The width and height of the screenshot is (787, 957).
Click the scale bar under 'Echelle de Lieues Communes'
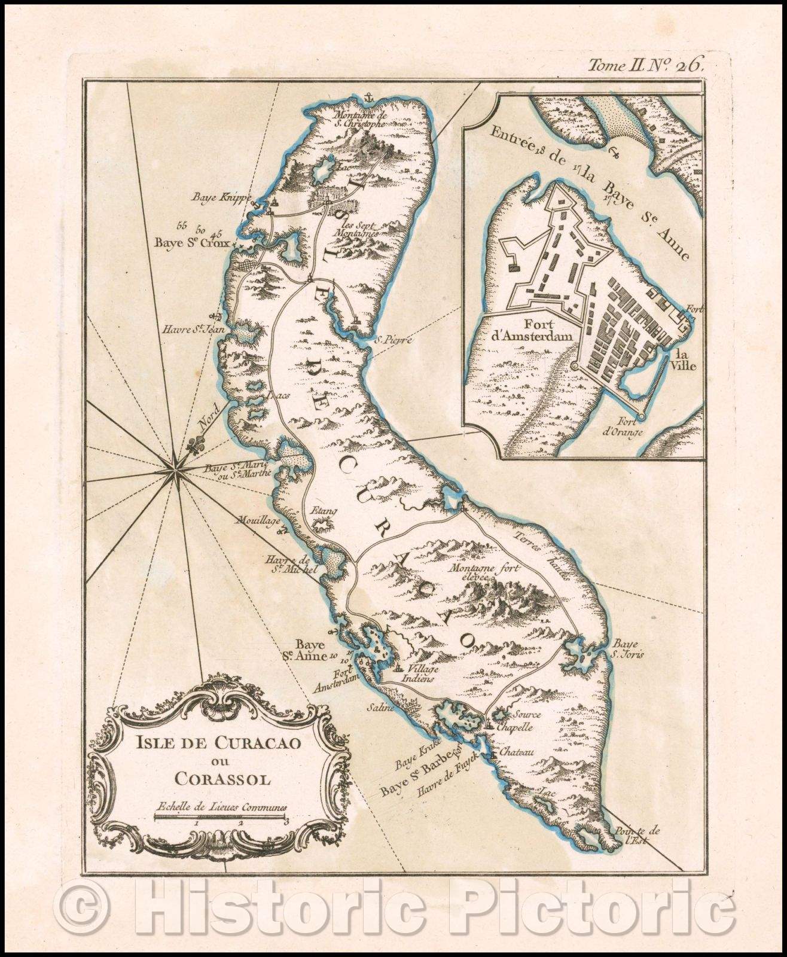point(220,817)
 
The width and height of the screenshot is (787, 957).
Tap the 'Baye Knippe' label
point(213,197)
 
